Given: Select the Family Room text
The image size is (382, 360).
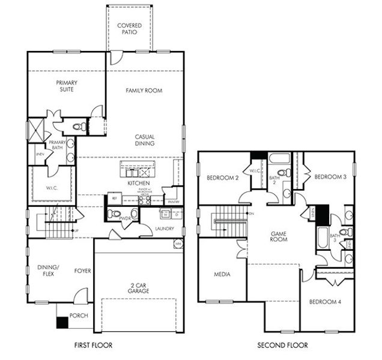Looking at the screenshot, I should (144, 91).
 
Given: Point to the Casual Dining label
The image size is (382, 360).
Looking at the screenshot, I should (145, 140).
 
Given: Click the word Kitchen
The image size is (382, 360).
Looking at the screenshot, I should (139, 183).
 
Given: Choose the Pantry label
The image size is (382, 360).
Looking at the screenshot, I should (174, 202).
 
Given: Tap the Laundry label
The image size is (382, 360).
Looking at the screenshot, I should (165, 229).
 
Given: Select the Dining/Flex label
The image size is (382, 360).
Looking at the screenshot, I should (46, 271).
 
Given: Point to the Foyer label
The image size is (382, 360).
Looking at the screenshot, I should (82, 271).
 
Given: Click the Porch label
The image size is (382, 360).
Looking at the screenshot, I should (79, 315).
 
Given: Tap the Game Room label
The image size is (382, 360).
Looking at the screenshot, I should (279, 236).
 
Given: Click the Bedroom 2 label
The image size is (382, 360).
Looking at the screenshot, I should (223, 178).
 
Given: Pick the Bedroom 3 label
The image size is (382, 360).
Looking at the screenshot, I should (330, 177).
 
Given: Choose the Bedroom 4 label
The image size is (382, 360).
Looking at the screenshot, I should (325, 302).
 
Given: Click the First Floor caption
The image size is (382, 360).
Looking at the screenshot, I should (92, 345).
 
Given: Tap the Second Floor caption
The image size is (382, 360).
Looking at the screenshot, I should (282, 345).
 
